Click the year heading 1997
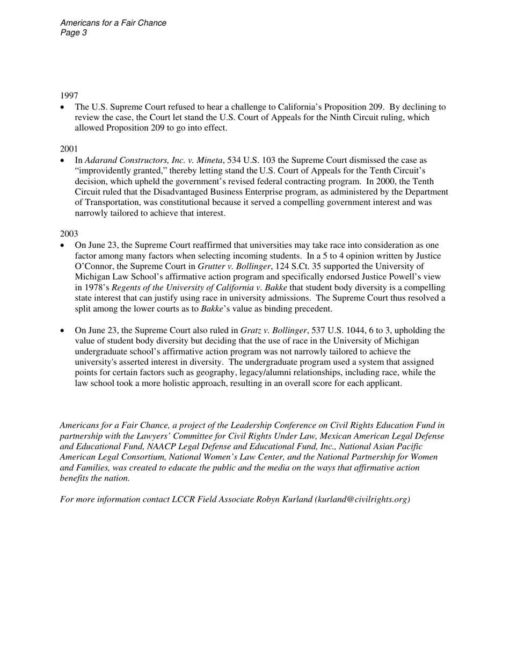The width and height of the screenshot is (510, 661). point(69,96)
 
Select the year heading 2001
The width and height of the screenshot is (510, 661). point(69,148)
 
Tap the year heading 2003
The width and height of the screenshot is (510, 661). point(69,234)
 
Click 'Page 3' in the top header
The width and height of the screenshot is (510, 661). point(74,33)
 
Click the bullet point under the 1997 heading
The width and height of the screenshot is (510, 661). point(63,107)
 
